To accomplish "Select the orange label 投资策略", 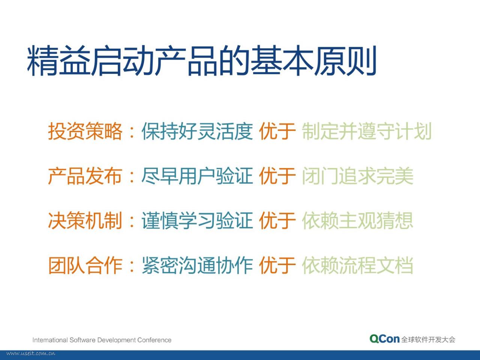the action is tap(85, 131).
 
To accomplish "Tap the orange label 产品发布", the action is tap(85, 176).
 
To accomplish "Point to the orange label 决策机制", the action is tap(85, 220).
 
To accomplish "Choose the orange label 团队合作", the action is tap(85, 265).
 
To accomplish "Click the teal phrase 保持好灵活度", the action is tap(197, 131).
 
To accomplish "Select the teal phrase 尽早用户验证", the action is tap(197, 176).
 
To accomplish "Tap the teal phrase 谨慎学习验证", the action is tap(197, 220).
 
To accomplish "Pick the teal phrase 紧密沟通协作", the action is tap(197, 265).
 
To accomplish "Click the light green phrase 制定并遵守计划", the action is tap(367, 131).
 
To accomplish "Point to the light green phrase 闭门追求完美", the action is tap(357, 176).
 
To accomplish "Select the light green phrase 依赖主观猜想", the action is tap(357, 220).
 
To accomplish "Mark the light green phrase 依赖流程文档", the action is tap(357, 265).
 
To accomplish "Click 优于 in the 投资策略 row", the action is tap(277, 131).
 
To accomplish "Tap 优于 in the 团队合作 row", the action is tap(277, 265).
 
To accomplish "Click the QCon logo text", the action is tap(384, 339).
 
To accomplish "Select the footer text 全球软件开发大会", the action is tap(428, 340).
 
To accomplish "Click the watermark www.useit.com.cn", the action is tap(31, 354).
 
